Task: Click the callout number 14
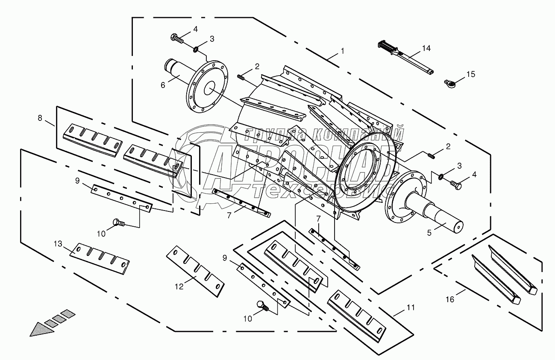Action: (426, 48)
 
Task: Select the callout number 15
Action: (471, 74)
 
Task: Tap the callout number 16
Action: (450, 300)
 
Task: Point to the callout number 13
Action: (58, 244)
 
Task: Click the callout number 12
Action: (179, 287)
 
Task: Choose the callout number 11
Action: (411, 307)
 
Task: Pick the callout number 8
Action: (40, 118)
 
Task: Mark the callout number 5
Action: (429, 233)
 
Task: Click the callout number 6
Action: (163, 85)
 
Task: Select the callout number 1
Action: (343, 51)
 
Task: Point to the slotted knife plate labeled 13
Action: (100, 259)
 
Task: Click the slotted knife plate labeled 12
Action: (195, 271)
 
